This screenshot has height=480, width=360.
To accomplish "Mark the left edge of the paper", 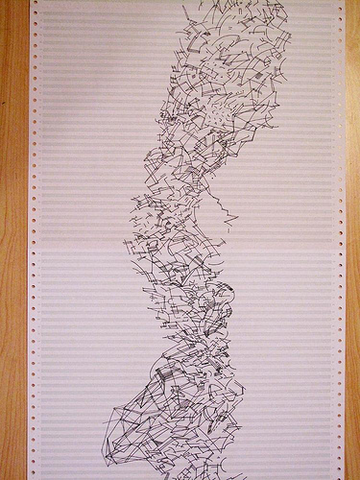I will coord(28,288).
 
